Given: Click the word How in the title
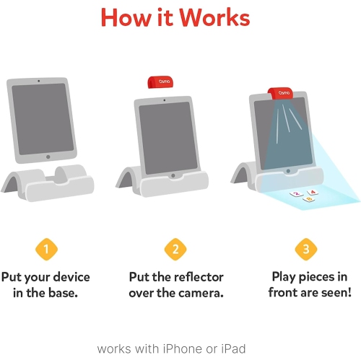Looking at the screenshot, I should click(126, 17).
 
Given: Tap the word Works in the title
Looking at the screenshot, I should click(217, 17).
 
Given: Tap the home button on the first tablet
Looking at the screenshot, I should click(48, 157).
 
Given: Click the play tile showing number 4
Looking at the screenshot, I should click(313, 192).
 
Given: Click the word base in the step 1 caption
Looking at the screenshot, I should click(66, 293).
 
